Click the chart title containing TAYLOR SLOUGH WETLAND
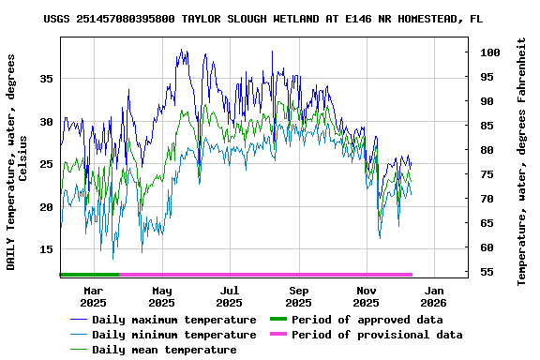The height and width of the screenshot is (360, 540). [263, 19]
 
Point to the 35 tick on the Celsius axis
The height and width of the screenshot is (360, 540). [46, 79]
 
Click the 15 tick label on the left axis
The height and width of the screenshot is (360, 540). [46, 249]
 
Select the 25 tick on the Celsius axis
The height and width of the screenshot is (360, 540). [46, 164]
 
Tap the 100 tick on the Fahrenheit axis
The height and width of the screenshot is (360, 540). [487, 52]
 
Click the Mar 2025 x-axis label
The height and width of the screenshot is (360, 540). [93, 296]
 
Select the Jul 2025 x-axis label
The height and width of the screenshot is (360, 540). [230, 296]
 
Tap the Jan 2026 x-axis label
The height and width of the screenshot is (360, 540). [433, 296]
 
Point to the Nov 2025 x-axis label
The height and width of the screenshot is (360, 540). [366, 296]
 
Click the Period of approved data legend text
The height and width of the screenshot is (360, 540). [367, 321]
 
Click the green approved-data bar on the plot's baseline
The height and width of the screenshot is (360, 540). [89, 275]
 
